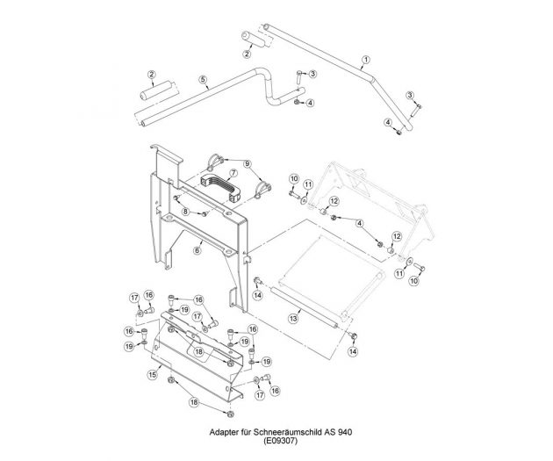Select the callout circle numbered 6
198,250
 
